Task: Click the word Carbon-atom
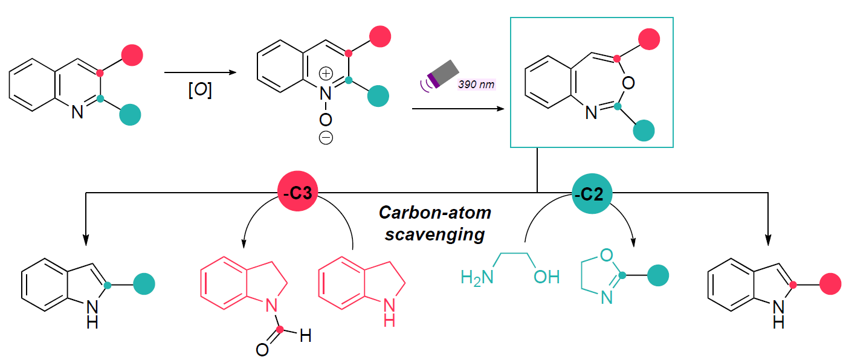click(x=435, y=213)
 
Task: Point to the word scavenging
click(x=435, y=234)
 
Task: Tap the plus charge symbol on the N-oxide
click(x=326, y=74)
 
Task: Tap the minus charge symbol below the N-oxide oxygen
click(x=326, y=138)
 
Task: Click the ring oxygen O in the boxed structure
click(x=628, y=83)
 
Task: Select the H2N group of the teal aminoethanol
click(x=476, y=277)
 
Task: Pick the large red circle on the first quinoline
click(x=132, y=54)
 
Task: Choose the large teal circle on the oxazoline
click(x=659, y=275)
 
